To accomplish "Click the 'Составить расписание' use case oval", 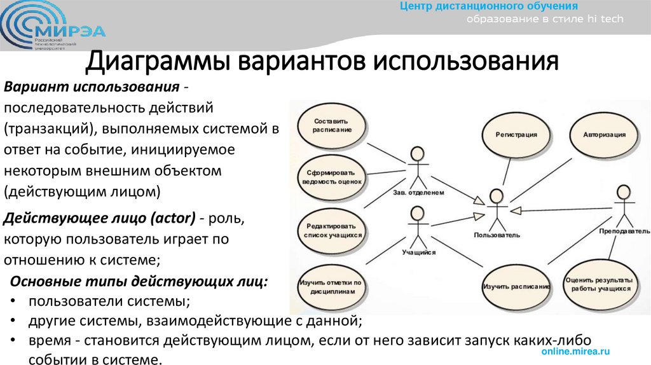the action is pyautogui.click(x=332, y=125).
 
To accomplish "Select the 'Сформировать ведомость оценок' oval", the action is pyautogui.click(x=332, y=176).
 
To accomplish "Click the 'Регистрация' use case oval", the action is pyautogui.click(x=516, y=135).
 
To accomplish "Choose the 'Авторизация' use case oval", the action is pyautogui.click(x=604, y=135).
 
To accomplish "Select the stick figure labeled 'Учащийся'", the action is pyautogui.click(x=417, y=225).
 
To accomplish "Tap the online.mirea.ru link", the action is pyautogui.click(x=576, y=351).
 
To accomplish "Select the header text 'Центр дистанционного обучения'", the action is pyautogui.click(x=488, y=6).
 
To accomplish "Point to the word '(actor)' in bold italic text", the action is pyautogui.click(x=172, y=218).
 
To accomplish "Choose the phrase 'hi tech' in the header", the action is pyautogui.click(x=605, y=19).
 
